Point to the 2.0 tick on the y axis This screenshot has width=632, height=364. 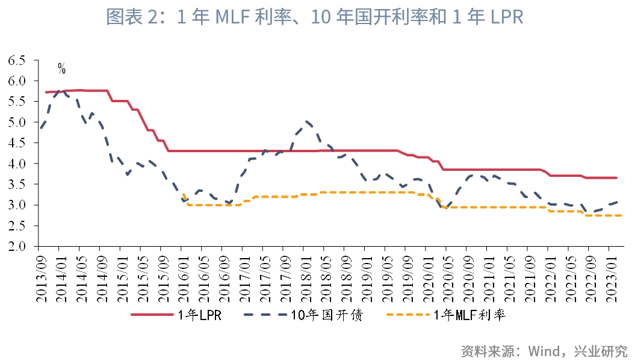coord(16,247)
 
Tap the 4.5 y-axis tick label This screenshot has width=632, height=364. coord(16,143)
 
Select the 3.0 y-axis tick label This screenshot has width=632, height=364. coord(16,205)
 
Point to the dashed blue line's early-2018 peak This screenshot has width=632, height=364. coord(306,121)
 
